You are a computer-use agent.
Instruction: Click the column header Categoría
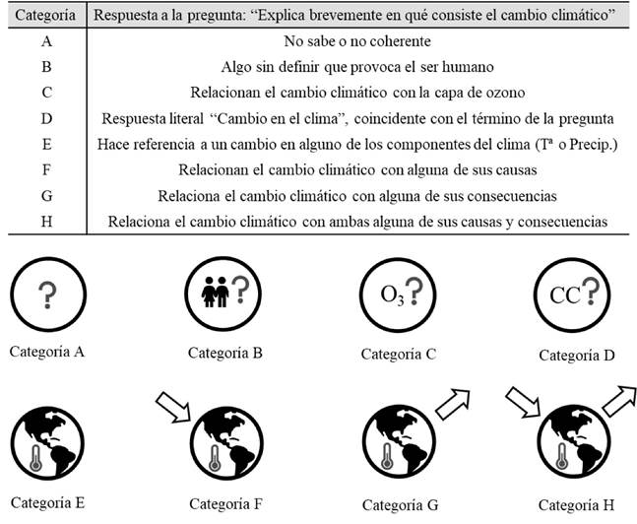(x=43, y=18)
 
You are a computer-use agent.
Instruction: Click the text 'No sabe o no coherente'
(x=357, y=42)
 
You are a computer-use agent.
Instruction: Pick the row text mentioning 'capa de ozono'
(x=357, y=94)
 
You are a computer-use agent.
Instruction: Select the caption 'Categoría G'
(x=400, y=504)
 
